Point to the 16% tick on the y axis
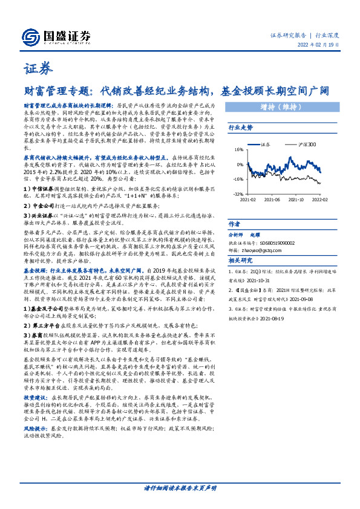click(238, 149)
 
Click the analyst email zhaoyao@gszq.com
click(278, 250)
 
